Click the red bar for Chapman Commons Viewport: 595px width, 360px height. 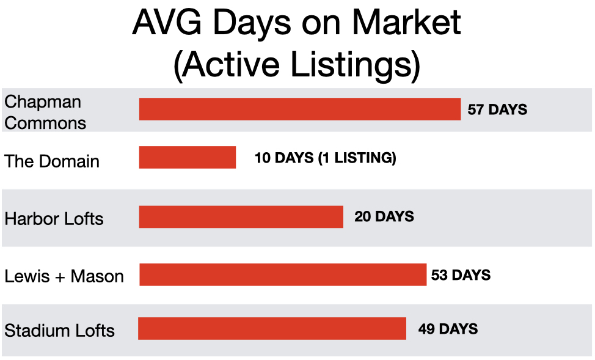[300, 109]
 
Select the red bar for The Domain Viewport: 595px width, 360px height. [188, 157]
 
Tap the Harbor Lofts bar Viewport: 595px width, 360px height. [241, 217]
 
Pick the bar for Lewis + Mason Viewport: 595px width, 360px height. [283, 274]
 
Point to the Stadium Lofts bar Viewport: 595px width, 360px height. [272, 328]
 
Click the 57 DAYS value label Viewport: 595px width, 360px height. [497, 109]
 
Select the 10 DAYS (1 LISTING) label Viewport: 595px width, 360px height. [325, 158]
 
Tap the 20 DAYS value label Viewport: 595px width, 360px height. [384, 216]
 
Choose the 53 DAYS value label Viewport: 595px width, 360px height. [461, 275]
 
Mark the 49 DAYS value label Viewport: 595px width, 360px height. [448, 329]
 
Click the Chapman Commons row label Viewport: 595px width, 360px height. [45, 112]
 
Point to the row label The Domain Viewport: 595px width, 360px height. [52, 161]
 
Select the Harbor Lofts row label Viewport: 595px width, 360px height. [54, 219]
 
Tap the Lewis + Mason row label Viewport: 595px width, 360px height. [64, 276]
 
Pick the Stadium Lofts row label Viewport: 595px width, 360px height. [60, 331]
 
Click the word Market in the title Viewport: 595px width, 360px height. [406, 22]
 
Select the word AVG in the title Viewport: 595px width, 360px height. [167, 22]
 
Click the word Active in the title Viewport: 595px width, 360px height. [232, 64]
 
